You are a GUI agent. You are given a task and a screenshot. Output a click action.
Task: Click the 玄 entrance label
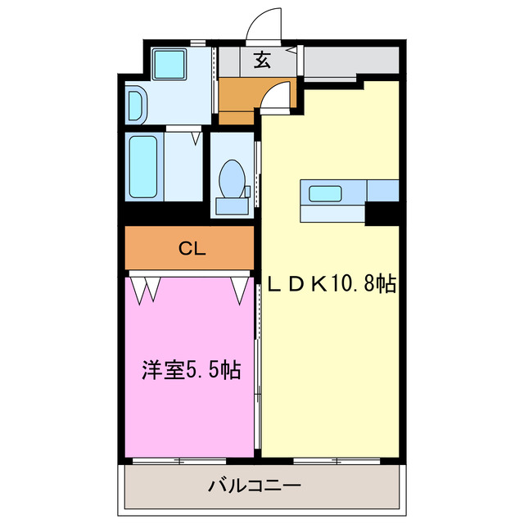click(261, 61)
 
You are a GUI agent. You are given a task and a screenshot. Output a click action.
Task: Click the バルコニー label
click(254, 486)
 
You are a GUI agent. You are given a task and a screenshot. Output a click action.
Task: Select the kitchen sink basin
click(324, 194)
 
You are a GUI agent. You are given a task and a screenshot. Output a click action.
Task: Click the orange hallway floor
click(237, 97)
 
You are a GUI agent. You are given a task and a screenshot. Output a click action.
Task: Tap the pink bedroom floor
click(188, 409)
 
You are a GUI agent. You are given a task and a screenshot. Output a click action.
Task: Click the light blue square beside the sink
click(382, 190)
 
